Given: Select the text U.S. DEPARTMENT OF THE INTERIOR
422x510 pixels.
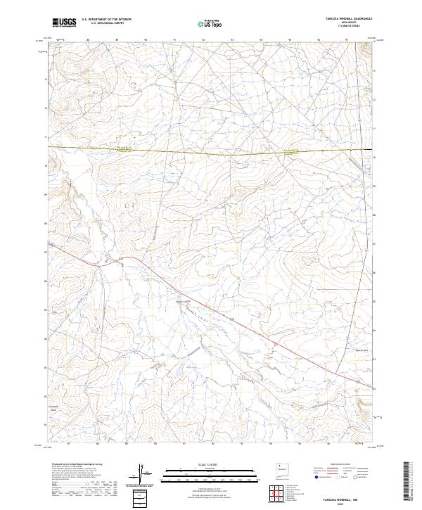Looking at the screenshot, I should (106, 19).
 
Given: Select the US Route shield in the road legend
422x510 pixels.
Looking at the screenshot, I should (338, 478).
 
